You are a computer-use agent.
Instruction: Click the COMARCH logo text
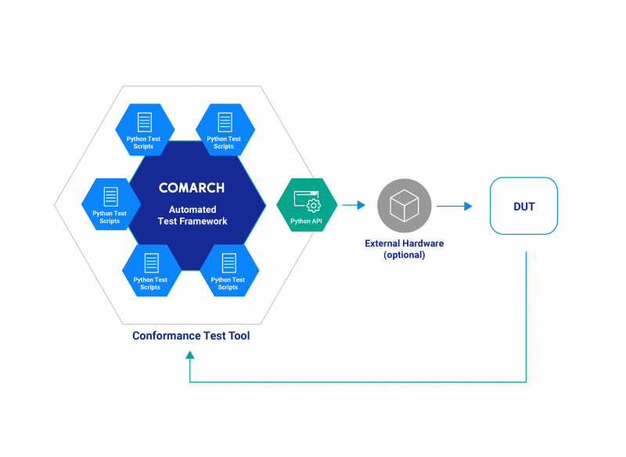coord(192,188)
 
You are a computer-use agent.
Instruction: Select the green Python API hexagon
coord(307,205)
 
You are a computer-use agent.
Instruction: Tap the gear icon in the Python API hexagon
coord(314,205)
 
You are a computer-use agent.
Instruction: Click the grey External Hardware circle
coord(405,206)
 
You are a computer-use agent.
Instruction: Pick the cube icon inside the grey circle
coord(405,206)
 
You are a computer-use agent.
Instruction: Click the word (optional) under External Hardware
coord(405,255)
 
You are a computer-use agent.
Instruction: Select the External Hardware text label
coord(405,243)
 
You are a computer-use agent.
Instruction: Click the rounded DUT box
coord(523,206)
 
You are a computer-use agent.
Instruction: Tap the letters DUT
coord(524,207)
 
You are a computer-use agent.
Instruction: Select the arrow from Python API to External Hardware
coord(354,205)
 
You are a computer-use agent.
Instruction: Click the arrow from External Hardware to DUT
coord(455,206)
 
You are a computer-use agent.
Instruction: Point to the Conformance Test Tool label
coord(191,336)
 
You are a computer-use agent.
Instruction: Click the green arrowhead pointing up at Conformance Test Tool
coord(190,354)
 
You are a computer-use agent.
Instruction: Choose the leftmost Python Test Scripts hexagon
coord(110,204)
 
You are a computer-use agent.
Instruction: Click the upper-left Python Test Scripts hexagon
coord(144,130)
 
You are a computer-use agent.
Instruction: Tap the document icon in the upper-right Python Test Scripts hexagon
coord(225,122)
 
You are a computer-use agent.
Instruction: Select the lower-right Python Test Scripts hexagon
coord(228,271)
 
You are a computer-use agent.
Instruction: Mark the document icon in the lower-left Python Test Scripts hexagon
coord(151,263)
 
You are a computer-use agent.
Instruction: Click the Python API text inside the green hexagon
coord(306,221)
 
